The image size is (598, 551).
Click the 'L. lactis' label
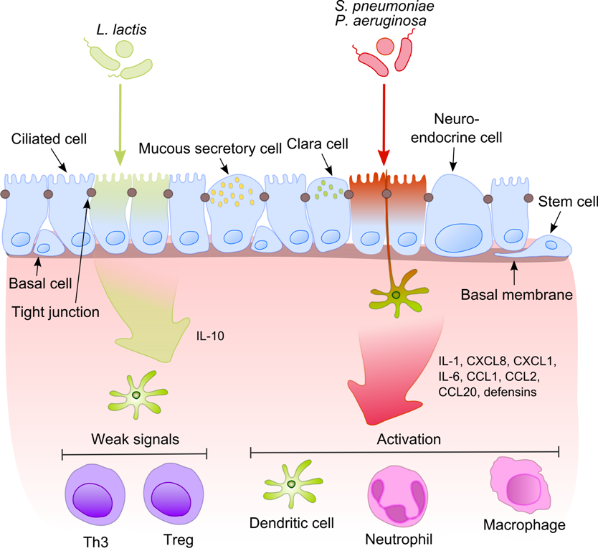(x=121, y=29)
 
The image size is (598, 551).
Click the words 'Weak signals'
(x=134, y=439)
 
